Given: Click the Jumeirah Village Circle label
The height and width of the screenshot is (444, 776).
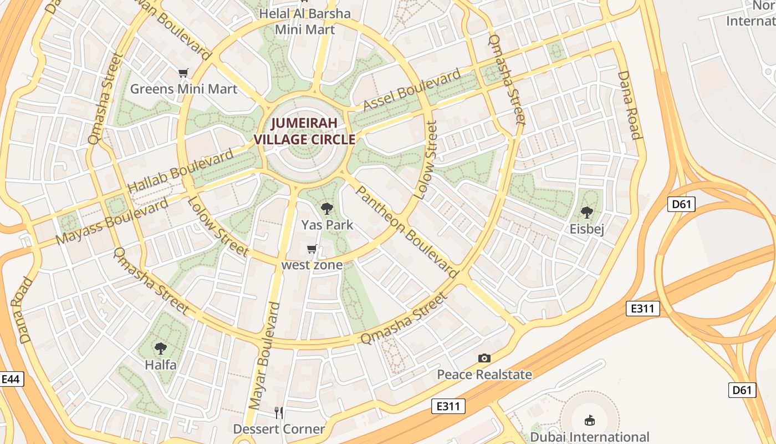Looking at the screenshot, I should pos(304,131).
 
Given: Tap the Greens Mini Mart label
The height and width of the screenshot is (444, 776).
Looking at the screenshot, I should pos(183,89).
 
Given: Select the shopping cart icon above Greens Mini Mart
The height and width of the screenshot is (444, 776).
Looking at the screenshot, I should pos(183,73).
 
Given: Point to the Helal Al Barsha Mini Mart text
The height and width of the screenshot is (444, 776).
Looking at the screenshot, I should pos(305,21).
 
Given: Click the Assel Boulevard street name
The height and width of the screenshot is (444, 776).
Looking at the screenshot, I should pos(412,90).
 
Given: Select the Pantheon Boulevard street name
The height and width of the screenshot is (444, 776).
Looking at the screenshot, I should pos(407,231).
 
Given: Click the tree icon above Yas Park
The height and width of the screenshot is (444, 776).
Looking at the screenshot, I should pos(327,209).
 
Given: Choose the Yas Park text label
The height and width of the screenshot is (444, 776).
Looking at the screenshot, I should pos(327,225).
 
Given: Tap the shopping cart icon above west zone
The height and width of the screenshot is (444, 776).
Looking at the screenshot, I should pos(312,249).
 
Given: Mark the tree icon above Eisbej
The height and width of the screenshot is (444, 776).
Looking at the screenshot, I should pos(586,213).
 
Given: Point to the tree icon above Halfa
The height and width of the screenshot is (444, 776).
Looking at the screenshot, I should pos(161,349).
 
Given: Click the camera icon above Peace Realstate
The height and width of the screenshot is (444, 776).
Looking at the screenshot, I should pos(484,359).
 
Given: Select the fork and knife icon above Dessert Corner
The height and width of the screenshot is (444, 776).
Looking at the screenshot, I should pos(279,412).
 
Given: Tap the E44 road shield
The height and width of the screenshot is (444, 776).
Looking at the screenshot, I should pos(11,380).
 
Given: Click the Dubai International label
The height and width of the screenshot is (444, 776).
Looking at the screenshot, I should pos(590,437).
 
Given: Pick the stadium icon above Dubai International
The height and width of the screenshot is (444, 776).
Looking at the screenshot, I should pos(589,420).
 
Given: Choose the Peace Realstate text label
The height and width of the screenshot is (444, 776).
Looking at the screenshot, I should pos(484,375).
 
